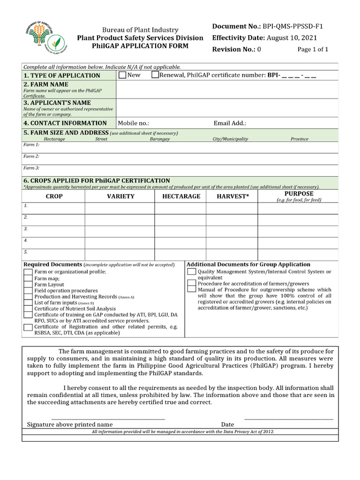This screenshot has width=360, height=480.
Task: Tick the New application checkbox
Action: [122, 75]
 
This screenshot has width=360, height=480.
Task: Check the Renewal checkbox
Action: [155, 75]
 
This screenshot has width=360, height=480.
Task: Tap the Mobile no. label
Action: [134, 123]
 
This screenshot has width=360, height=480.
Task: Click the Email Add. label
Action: [230, 123]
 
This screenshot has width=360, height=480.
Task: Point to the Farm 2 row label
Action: [31, 156]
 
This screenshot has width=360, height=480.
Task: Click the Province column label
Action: [299, 139]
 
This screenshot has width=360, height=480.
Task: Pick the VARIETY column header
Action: [120, 196]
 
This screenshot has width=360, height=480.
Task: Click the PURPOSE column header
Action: [299, 194]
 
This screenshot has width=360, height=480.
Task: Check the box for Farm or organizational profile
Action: [28, 272]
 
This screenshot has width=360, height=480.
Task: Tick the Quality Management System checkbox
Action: [192, 272]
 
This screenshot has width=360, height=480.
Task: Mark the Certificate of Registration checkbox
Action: [28, 327]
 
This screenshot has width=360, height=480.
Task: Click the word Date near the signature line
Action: [228, 425]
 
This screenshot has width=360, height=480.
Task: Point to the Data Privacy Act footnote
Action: [183, 431]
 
